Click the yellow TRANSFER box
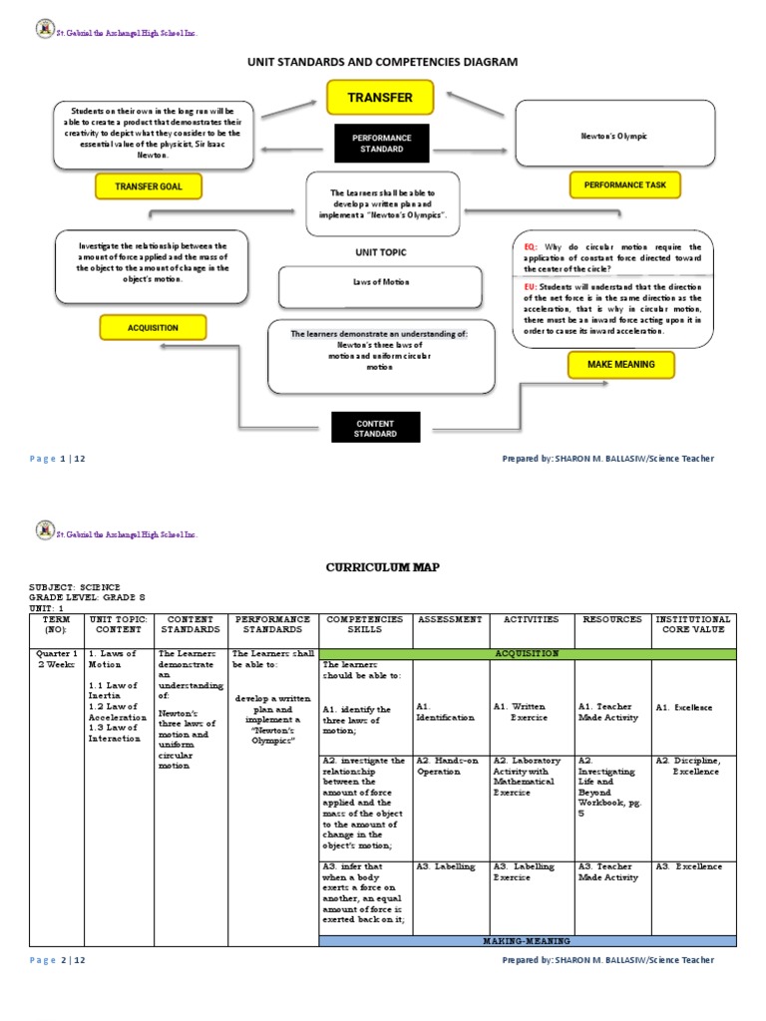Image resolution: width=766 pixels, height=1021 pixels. tap(383, 98)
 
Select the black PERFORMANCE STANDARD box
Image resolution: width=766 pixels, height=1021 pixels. tap(383, 144)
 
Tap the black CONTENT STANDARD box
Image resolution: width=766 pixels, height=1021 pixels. tap(376, 429)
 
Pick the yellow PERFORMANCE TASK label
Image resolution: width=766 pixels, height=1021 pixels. tap(624, 184)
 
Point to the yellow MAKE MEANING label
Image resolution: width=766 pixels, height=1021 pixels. tap(620, 365)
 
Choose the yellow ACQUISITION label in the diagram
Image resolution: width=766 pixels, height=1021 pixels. tap(153, 327)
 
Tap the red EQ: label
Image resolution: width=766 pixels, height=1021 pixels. tap(530, 246)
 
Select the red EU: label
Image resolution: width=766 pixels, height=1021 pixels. tap(530, 285)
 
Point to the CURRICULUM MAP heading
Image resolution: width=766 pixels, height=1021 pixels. tap(383, 566)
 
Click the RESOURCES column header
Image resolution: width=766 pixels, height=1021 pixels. tap(612, 619)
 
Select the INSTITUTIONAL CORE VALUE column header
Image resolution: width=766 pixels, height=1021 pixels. tap(693, 625)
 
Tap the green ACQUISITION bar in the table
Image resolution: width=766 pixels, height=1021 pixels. tap(527, 653)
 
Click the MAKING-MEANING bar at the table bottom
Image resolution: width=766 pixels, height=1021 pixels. tap(527, 940)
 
